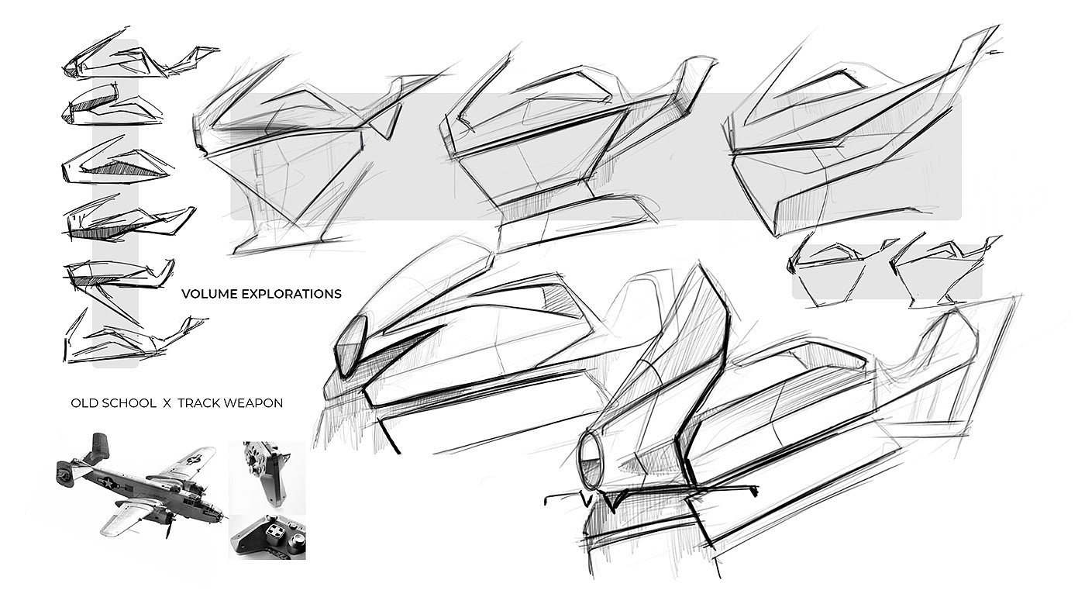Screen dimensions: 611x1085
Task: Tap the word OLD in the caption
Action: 83,403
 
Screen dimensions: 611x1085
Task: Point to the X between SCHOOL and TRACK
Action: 166,403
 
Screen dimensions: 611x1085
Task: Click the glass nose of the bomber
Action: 221,514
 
